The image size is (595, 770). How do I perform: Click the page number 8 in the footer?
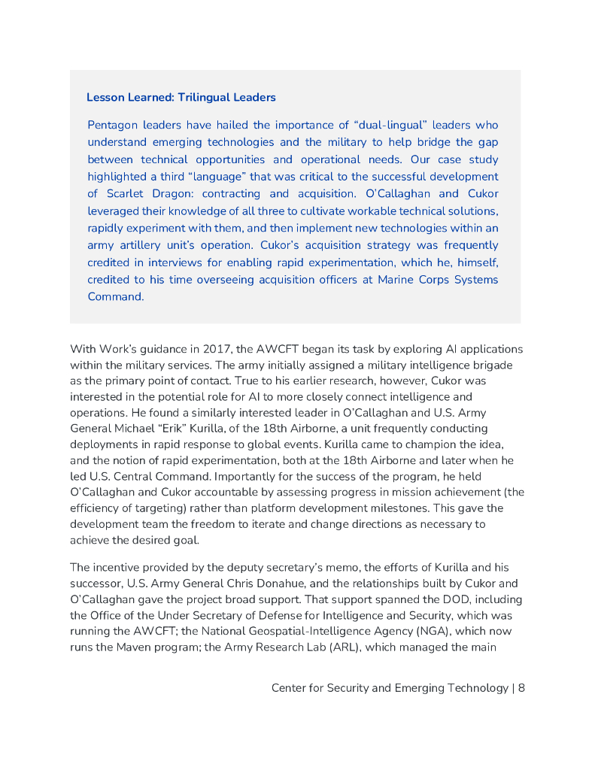[521, 688]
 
